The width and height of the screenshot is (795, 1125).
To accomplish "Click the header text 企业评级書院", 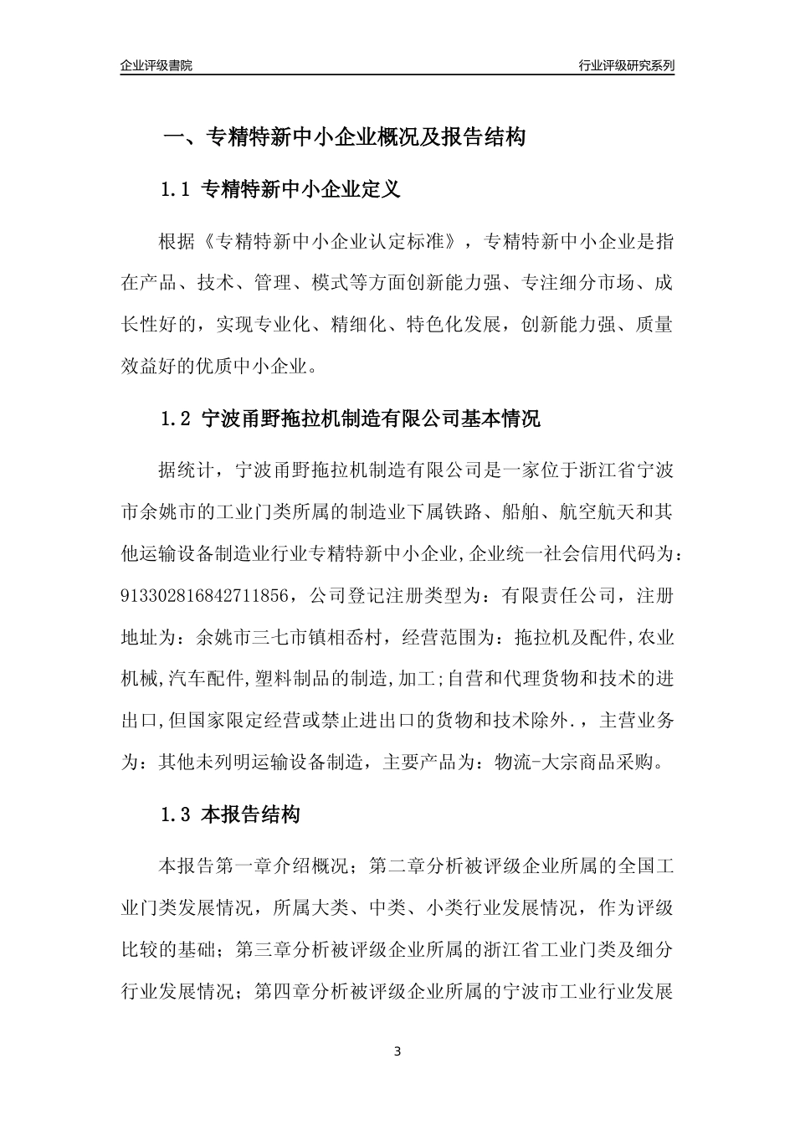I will [x=156, y=65].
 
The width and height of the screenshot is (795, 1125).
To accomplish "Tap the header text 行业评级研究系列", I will [x=627, y=65].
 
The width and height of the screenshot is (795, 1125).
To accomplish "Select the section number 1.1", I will [x=176, y=190].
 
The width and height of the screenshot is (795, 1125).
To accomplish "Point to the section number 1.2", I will [x=176, y=419].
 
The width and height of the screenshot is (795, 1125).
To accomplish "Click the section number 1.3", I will [x=176, y=814].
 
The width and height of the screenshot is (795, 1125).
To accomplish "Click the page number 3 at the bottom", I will [x=397, y=1051].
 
